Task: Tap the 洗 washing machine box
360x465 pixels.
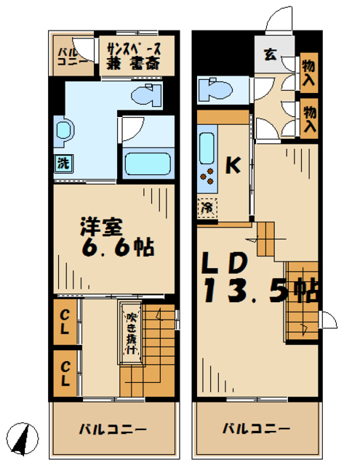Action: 63,163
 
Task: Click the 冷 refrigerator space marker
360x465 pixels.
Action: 207,209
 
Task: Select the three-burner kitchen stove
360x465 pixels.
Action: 207,176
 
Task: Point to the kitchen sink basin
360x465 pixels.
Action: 207,148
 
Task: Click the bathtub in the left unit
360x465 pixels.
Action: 148,163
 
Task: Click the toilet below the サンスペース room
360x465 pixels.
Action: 147,94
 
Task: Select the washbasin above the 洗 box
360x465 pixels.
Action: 64,131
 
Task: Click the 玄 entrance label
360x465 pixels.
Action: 271,54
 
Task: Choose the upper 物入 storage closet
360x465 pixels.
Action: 309,73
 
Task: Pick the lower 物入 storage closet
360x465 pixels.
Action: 309,119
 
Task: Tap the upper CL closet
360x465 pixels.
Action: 65,323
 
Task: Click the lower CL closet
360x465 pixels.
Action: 65,373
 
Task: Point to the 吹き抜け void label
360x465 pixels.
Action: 131,333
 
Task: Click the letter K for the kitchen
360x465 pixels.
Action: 233,166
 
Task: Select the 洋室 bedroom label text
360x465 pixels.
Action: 101,227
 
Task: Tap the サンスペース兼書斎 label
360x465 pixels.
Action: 134,56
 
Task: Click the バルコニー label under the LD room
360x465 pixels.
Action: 256,429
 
